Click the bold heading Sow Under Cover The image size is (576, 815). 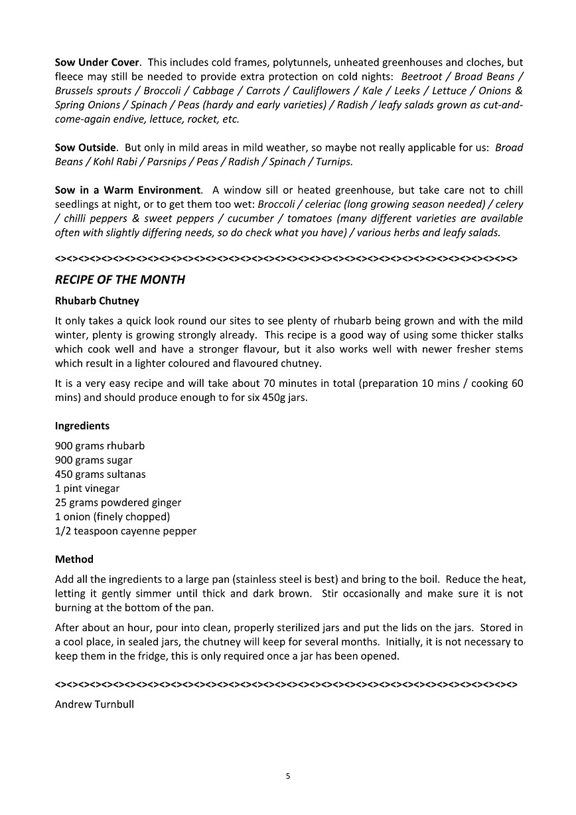pyautogui.click(x=97, y=62)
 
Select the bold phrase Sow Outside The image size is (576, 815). pyautogui.click(x=86, y=147)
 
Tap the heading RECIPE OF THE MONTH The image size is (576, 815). pyautogui.click(x=119, y=279)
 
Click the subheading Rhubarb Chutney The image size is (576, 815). pyautogui.click(x=97, y=301)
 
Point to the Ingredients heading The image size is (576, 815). pyautogui.click(x=82, y=425)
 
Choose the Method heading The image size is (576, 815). pyautogui.click(x=74, y=559)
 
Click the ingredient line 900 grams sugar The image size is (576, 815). pyautogui.click(x=94, y=460)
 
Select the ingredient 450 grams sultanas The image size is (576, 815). pyautogui.click(x=100, y=474)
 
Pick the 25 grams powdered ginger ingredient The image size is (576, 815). pyautogui.click(x=118, y=502)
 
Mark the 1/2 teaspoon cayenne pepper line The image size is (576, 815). pyautogui.click(x=125, y=531)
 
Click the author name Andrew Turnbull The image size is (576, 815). pyautogui.click(x=94, y=704)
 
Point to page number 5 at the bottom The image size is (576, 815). pyautogui.click(x=288, y=776)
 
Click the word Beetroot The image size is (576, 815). pyautogui.click(x=421, y=76)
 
